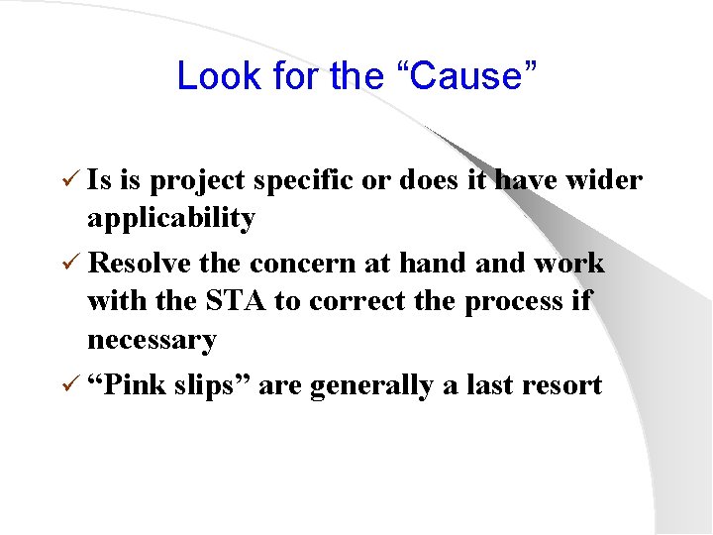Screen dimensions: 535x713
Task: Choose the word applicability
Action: [x=170, y=219]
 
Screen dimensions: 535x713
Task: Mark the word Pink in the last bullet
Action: [x=133, y=385]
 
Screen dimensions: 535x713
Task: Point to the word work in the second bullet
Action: [x=569, y=264]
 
